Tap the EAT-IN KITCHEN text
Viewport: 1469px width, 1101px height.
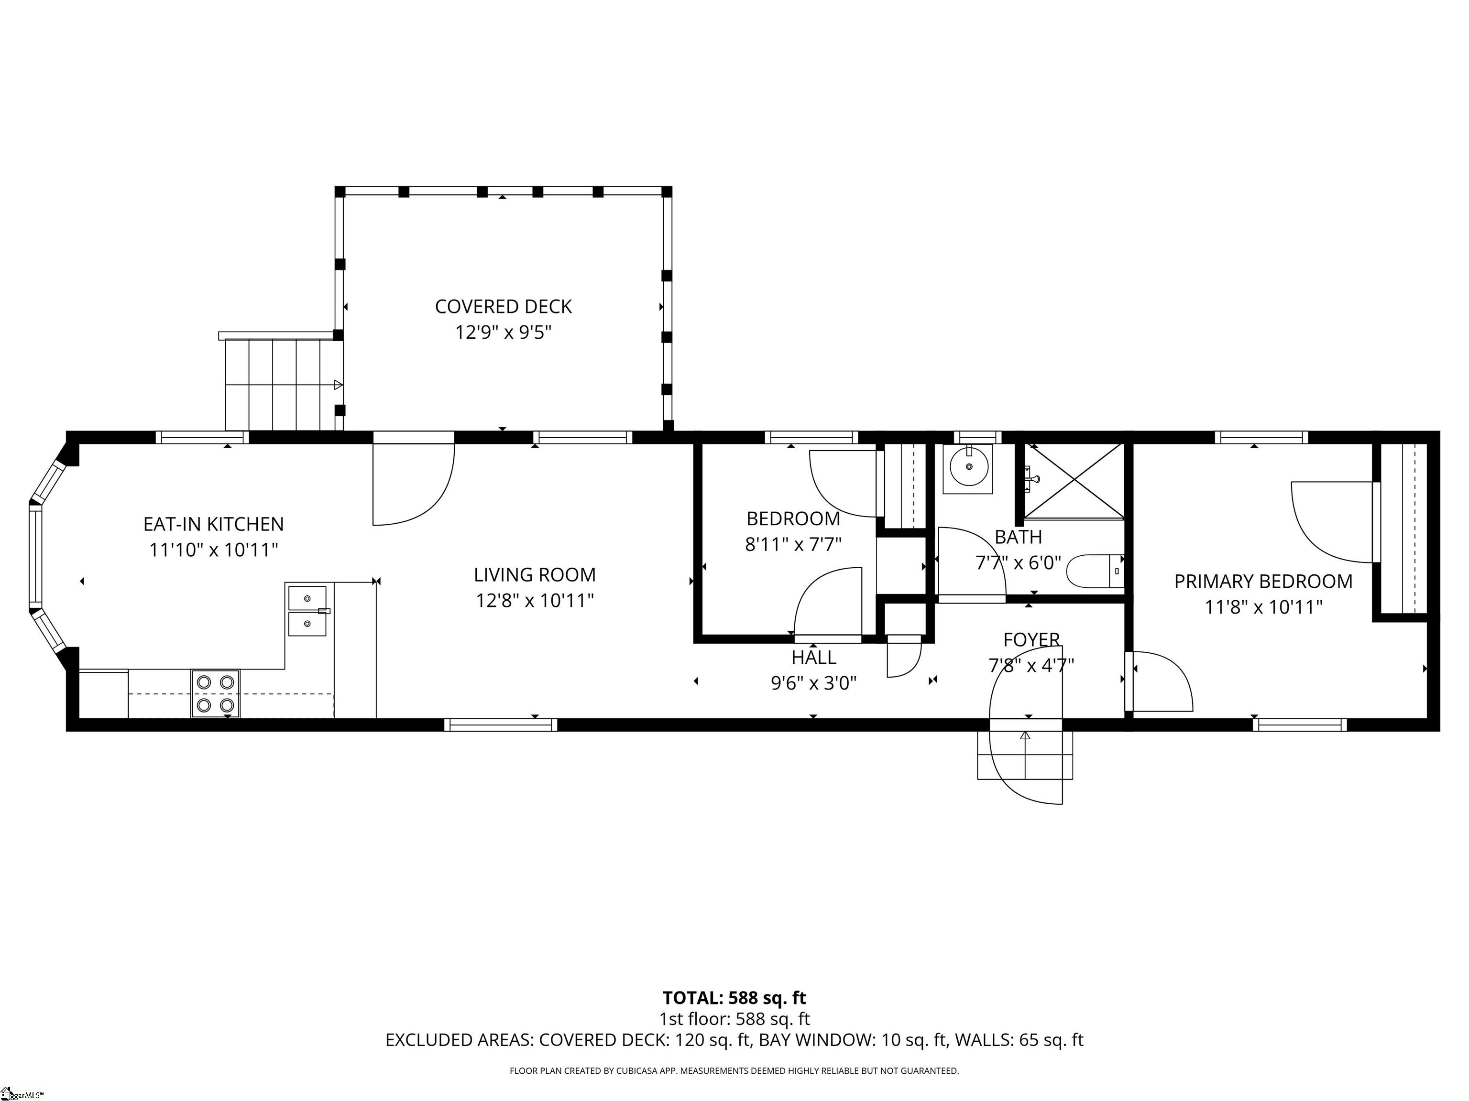point(213,524)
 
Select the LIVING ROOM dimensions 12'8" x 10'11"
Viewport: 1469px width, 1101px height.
point(534,601)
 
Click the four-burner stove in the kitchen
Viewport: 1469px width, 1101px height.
point(215,693)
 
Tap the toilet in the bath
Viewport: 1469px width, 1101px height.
point(1095,571)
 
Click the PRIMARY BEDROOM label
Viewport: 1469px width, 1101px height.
point(1262,582)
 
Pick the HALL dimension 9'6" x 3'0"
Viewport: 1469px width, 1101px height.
point(813,683)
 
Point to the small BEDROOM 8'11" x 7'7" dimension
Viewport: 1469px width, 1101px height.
point(793,544)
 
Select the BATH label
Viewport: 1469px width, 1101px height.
point(1018,537)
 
